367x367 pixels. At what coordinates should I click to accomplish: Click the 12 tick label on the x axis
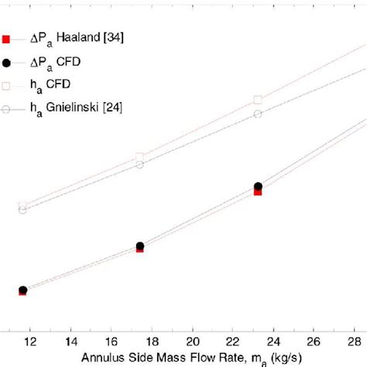pyautogui.click(x=29, y=341)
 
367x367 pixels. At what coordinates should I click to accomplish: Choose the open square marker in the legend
pyautogui.click(x=6, y=84)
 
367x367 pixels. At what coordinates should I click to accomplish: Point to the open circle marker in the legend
pyautogui.click(x=6, y=108)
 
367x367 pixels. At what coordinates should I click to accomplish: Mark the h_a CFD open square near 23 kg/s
pyautogui.click(x=259, y=100)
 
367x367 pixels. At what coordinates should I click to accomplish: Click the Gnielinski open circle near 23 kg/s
pyautogui.click(x=259, y=114)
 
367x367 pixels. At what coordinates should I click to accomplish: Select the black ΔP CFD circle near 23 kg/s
pyautogui.click(x=258, y=187)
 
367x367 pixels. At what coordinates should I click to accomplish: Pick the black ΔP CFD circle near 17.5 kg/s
pyautogui.click(x=139, y=246)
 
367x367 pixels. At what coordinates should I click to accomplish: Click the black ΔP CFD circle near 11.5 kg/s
pyautogui.click(x=22, y=290)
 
